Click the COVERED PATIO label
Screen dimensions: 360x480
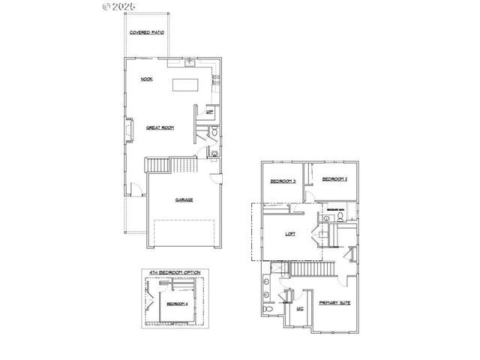(147, 33)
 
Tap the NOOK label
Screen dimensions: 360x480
(147, 79)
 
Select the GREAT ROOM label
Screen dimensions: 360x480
(160, 128)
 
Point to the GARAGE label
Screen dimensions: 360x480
(184, 199)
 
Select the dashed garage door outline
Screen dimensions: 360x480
(184, 232)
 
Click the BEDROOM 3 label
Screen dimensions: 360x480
(283, 181)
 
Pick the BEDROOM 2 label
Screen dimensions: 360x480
(334, 178)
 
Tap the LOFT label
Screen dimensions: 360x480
(290, 234)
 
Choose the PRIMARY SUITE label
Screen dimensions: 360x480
(333, 303)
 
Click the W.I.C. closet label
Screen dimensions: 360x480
(300, 308)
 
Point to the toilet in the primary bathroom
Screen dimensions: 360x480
(268, 309)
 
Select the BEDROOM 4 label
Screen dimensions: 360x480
(177, 304)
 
